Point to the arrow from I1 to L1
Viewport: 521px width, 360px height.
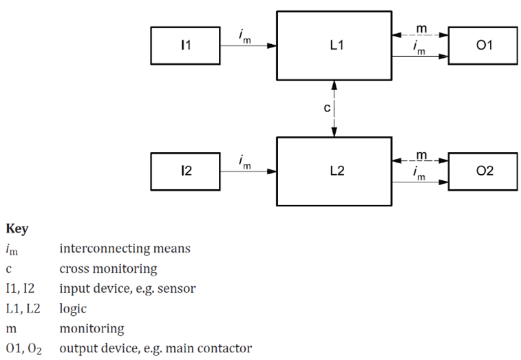[248, 45]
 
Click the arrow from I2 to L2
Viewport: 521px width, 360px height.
[248, 171]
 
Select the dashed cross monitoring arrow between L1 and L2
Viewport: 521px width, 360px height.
[334, 109]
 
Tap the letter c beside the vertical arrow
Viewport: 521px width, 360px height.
[327, 107]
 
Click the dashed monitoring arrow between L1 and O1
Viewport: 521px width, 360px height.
[421, 35]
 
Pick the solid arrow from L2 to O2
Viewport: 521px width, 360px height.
[421, 182]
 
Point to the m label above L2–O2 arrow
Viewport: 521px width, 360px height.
[421, 156]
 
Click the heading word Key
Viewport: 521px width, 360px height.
[17, 229]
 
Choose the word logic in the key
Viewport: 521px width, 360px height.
[73, 309]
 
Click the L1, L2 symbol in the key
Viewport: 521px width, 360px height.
[23, 309]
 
